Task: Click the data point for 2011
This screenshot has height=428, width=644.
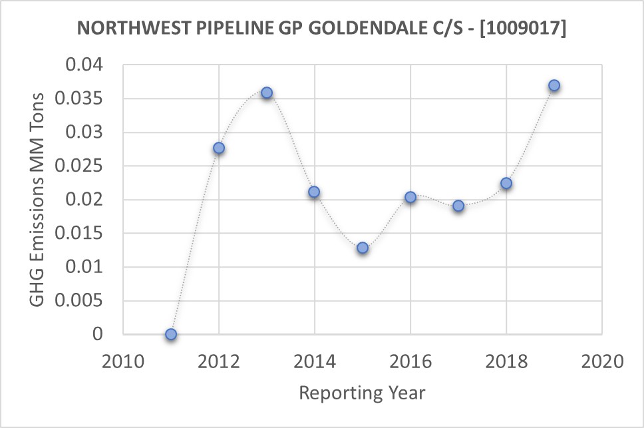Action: coord(171,334)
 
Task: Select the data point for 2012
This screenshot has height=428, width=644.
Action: coord(219,148)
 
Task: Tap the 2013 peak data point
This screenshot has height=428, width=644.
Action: coord(267,93)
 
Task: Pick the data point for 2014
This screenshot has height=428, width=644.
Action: coord(314,192)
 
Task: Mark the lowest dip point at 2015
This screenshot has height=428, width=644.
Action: coord(363,248)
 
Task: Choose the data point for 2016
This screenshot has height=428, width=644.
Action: coord(410,197)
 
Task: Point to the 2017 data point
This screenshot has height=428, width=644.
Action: coord(458,206)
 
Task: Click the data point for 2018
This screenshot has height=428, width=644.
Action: coord(506,183)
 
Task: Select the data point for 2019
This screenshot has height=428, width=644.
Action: coord(554,85)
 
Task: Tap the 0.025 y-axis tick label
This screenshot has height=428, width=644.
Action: coord(80,166)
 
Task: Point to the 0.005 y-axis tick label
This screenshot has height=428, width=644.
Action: coord(80,301)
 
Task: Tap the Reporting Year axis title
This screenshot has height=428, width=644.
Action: coord(362,393)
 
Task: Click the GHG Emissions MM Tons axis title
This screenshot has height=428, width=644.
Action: coord(38,200)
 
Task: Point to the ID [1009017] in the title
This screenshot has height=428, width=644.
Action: coord(526,29)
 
